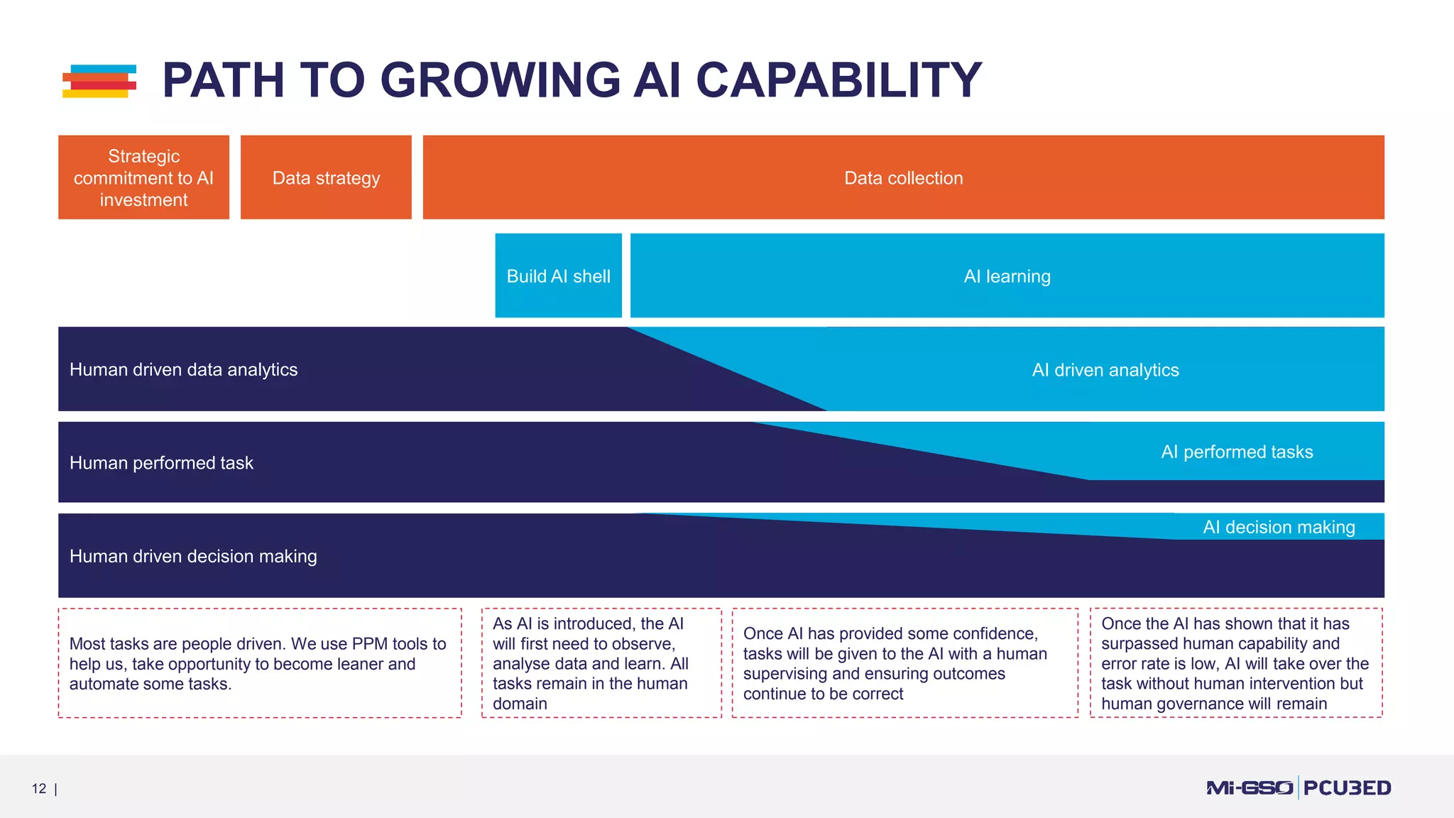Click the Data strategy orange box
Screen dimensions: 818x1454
326,178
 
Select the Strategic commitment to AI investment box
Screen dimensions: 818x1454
143,178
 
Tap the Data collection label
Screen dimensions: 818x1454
903,178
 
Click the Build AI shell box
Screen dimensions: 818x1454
558,276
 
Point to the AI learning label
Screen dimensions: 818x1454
1007,276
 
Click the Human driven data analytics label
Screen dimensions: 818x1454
183,370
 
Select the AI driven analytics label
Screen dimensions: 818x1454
1105,370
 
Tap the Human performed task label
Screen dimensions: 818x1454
161,463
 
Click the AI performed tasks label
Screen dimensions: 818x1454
1236,452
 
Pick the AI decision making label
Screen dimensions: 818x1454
1278,528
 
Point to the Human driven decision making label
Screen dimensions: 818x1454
193,556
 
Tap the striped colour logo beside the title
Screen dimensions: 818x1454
99,81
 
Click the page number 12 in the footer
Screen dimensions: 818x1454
39,788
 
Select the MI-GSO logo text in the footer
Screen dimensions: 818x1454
1250,787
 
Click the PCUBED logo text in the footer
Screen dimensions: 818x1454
1347,787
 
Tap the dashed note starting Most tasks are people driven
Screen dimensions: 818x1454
259,663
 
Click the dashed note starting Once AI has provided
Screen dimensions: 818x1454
904,663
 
